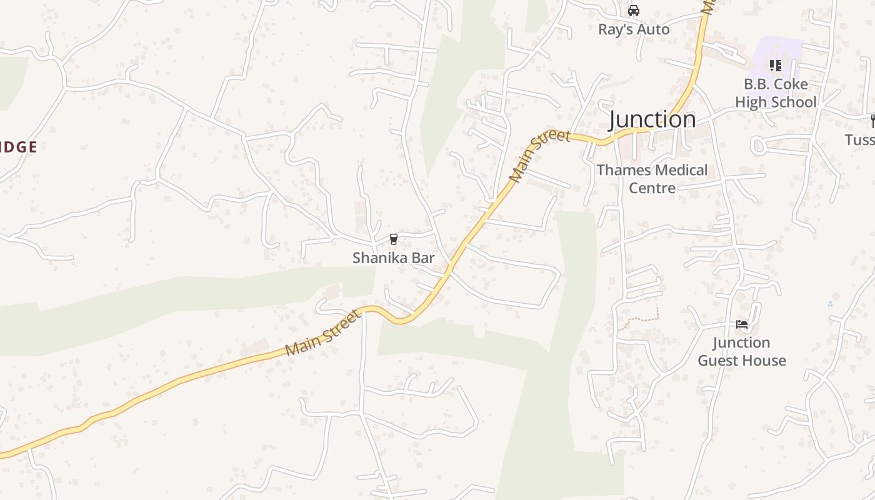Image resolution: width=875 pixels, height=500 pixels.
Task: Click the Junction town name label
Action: point(652,119)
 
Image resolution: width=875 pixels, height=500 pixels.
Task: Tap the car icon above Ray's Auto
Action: point(634,11)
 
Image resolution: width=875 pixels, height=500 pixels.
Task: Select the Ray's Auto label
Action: point(634,29)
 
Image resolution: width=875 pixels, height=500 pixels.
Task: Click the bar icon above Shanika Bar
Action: point(393,239)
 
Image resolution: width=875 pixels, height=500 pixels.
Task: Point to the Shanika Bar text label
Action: point(393,257)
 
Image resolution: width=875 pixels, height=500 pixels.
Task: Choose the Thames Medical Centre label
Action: point(652,179)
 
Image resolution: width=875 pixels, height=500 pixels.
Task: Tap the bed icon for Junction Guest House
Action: point(742,324)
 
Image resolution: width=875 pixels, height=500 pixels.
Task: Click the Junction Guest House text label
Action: point(742,351)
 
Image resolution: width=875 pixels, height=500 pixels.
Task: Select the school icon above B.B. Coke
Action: point(776,65)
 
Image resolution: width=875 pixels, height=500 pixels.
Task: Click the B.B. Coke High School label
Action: point(776,93)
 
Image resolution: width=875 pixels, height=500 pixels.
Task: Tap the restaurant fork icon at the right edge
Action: point(872,120)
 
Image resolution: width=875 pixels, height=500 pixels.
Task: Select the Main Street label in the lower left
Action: point(322,333)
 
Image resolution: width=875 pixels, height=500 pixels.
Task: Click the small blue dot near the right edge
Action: point(830,305)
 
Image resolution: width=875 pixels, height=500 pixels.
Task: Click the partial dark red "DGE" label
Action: point(19,147)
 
